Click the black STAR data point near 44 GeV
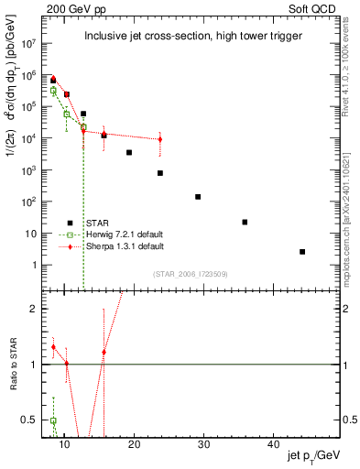point(302,251)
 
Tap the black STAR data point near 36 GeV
point(245,222)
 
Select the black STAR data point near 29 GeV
point(198,197)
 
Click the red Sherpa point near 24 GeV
point(159,139)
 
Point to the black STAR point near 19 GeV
point(129,152)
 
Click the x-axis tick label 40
point(273,445)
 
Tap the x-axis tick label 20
point(134,445)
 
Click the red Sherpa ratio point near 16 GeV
point(104,352)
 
